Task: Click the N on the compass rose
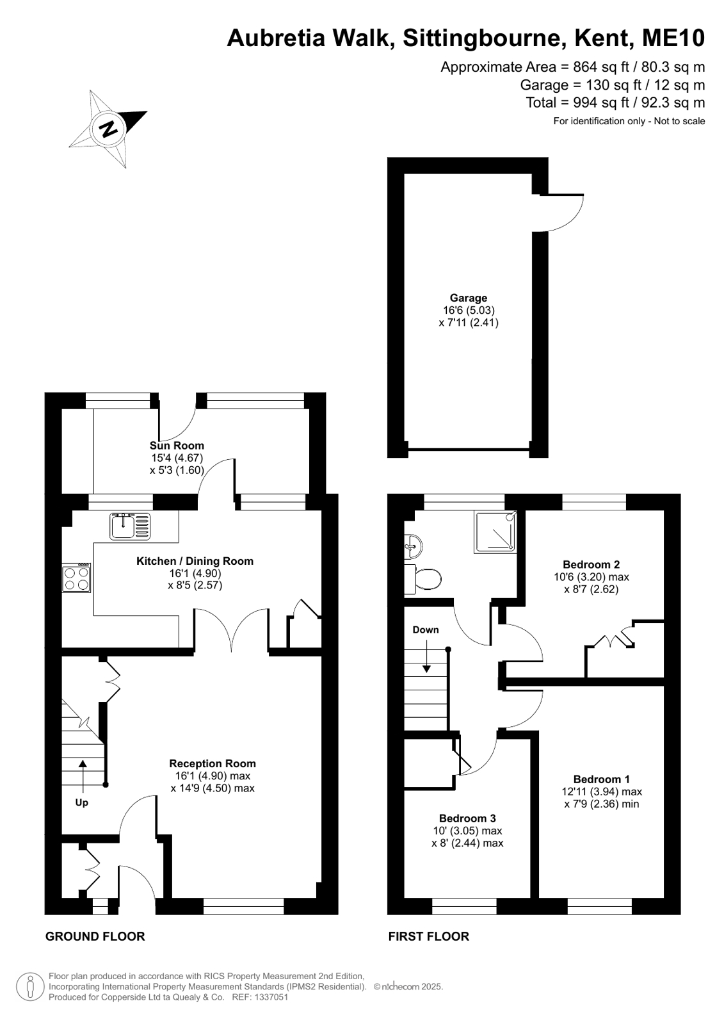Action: click(108, 129)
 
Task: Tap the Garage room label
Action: click(469, 298)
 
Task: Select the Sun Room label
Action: click(177, 445)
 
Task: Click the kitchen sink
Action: click(130, 526)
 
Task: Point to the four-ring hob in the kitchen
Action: click(76, 578)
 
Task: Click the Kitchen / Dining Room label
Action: click(195, 561)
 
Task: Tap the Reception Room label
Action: click(213, 763)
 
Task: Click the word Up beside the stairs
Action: click(82, 803)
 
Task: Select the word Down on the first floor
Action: click(426, 630)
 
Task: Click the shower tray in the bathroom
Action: click(495, 532)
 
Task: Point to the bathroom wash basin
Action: click(413, 546)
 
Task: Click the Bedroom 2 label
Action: click(591, 565)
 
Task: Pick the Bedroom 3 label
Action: click(467, 818)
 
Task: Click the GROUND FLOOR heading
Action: click(95, 937)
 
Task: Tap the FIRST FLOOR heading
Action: click(429, 937)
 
